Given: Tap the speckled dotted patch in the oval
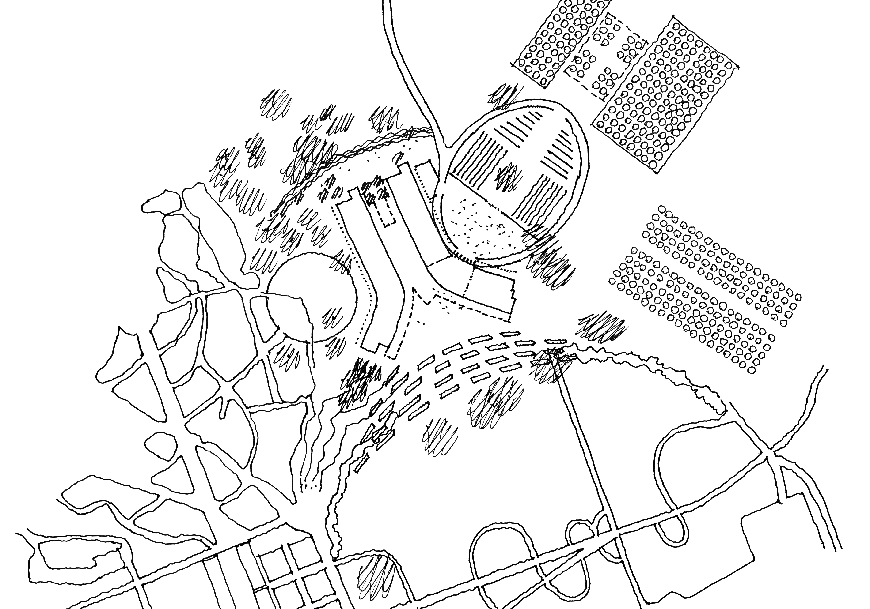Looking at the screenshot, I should pyautogui.click(x=481, y=227).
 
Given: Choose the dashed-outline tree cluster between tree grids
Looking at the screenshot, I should pyautogui.click(x=595, y=57).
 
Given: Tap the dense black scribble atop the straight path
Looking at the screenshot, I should pyautogui.click(x=551, y=362).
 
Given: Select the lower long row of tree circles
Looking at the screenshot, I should pyautogui.click(x=686, y=307).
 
